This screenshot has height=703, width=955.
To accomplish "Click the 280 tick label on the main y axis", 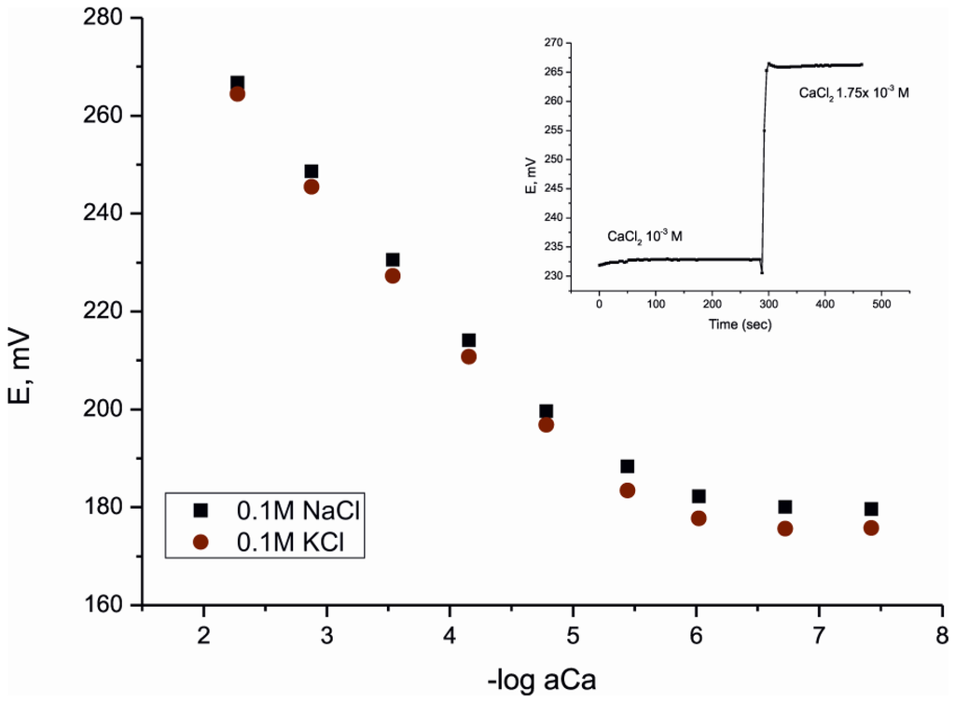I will (x=109, y=18).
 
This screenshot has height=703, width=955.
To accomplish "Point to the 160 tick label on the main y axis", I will (x=109, y=605).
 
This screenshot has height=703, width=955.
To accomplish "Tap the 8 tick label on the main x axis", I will (x=942, y=635).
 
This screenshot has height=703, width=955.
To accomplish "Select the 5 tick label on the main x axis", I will (x=573, y=635).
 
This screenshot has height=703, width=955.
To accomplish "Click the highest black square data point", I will (x=237, y=83).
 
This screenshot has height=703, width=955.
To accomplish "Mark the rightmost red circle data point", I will (x=871, y=528).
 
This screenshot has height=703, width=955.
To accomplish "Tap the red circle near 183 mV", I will (x=627, y=490).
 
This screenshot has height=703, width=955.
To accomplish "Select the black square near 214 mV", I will (x=468, y=340).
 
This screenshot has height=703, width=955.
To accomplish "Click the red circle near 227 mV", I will (x=393, y=276).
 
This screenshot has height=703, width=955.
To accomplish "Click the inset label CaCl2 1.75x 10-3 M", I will (x=852, y=93).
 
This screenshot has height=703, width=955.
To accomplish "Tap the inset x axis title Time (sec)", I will (x=738, y=325).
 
